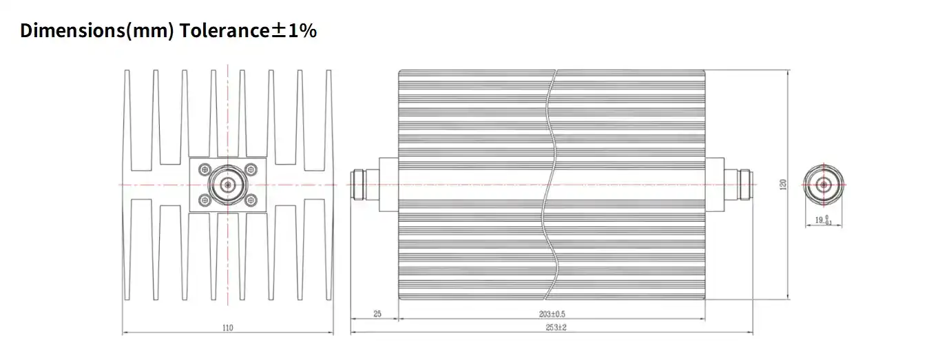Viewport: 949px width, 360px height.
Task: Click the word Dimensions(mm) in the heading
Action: pyautogui.click(x=97, y=31)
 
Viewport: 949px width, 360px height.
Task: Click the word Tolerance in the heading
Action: pyautogui.click(x=225, y=30)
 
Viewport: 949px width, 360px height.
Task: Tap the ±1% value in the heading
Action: pyautogui.click(x=294, y=30)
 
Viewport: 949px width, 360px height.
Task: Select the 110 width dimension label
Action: pyautogui.click(x=228, y=328)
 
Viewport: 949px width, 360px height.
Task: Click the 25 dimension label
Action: pyautogui.click(x=377, y=314)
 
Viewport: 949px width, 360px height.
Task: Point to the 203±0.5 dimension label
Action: pyautogui.click(x=552, y=314)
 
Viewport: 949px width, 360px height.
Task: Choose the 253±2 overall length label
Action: pyautogui.click(x=556, y=328)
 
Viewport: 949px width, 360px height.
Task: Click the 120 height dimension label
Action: pyautogui.click(x=783, y=184)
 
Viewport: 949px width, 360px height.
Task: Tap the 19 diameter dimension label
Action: pyautogui.click(x=823, y=220)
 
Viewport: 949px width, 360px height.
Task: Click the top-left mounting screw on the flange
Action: pyautogui.click(x=205, y=170)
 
